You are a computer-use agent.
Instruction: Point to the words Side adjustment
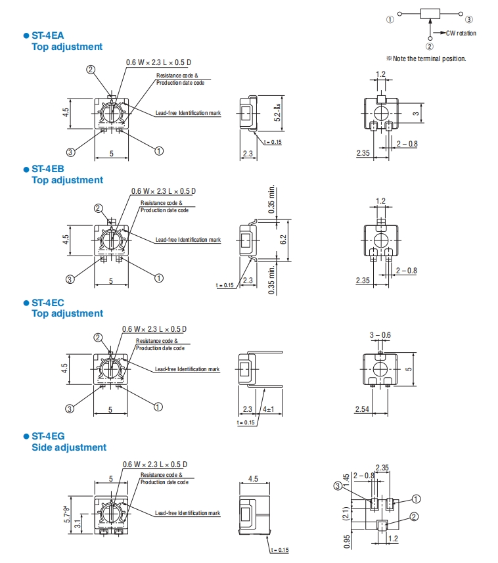pos(69,447)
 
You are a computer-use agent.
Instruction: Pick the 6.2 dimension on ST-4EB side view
pos(284,240)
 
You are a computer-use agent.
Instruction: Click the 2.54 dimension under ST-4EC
pos(362,409)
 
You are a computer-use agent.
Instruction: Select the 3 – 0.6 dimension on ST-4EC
pos(380,335)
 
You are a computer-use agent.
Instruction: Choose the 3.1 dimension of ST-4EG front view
pos(78,524)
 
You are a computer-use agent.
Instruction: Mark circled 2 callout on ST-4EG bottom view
pos(414,516)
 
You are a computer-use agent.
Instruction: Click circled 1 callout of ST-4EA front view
pos(158,150)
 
